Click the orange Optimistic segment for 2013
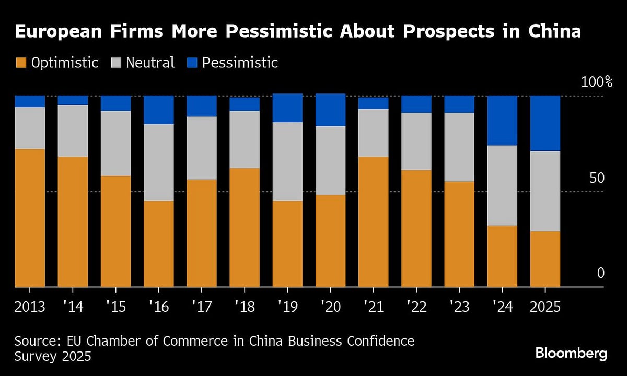(30, 218)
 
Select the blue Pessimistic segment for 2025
(545, 123)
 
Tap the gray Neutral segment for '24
(502, 185)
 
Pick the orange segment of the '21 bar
(373, 221)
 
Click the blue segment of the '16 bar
(158, 110)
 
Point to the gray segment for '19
(287, 161)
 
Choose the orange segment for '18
(245, 227)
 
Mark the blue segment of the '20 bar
(330, 110)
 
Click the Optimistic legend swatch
(20, 63)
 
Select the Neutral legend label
(150, 63)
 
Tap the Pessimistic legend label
(240, 63)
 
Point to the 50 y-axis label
(597, 178)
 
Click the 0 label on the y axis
(600, 273)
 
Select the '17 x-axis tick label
(201, 306)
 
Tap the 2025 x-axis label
(545, 306)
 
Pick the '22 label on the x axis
(416, 306)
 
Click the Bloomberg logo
(571, 354)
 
